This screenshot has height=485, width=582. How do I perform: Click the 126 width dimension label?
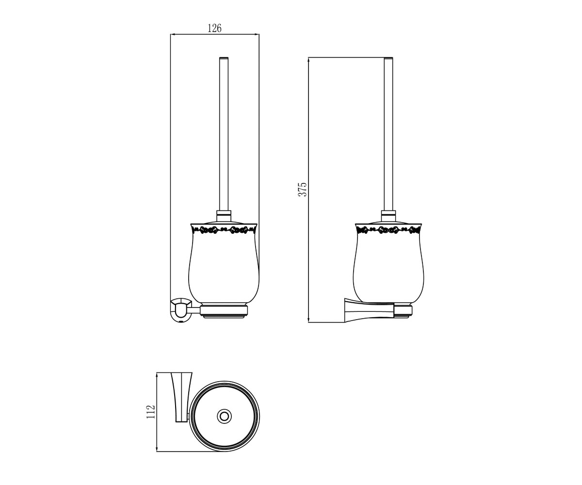click(x=214, y=28)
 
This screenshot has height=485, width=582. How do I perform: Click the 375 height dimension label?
click(x=302, y=189)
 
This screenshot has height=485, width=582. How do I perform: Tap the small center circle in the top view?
click(x=224, y=417)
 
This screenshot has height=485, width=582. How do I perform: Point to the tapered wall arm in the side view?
click(x=369, y=310)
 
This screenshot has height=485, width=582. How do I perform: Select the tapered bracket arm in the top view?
click(x=181, y=401)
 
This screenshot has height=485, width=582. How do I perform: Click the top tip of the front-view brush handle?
click(x=224, y=58)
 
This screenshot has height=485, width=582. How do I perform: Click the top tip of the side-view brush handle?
click(x=388, y=58)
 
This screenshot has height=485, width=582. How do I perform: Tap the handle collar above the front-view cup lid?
click(x=224, y=215)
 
